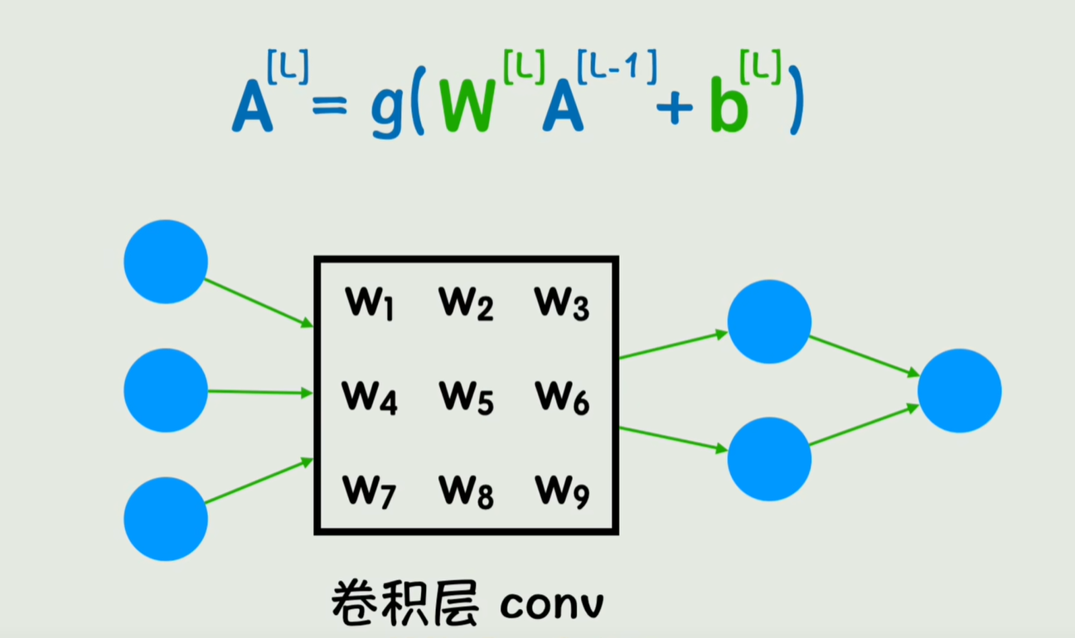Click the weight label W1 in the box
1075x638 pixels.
click(x=370, y=303)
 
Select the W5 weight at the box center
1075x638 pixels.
click(x=466, y=398)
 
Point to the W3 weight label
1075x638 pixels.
click(x=562, y=303)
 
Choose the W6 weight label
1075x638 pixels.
click(x=562, y=398)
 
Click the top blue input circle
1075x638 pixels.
click(x=166, y=261)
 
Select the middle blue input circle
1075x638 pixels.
click(x=166, y=390)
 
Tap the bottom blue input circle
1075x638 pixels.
click(x=166, y=519)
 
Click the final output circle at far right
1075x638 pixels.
click(x=959, y=390)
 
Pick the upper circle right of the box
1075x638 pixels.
click(x=769, y=321)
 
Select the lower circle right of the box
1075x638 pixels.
click(x=769, y=458)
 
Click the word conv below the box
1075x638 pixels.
click(x=552, y=605)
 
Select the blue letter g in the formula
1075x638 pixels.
click(x=387, y=114)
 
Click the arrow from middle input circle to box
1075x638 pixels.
click(x=259, y=392)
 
